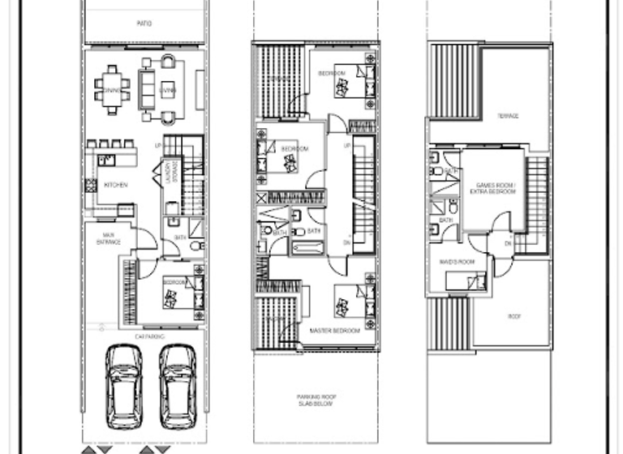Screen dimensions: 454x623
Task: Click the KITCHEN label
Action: (x=116, y=185)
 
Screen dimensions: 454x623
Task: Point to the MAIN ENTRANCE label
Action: (x=109, y=238)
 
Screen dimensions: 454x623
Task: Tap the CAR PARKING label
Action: (x=149, y=335)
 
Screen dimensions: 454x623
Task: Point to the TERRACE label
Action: (x=508, y=116)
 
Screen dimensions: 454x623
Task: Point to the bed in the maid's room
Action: (x=470, y=281)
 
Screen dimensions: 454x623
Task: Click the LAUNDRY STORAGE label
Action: (x=170, y=174)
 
